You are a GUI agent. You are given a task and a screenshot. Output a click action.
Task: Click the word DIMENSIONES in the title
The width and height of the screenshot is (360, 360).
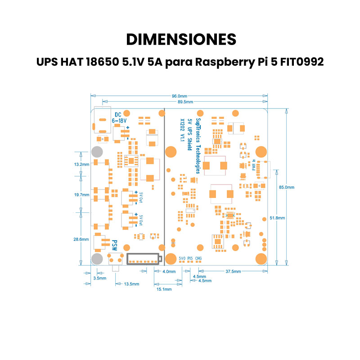coord(181,39)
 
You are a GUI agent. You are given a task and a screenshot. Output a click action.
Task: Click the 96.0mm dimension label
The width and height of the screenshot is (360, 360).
coord(179,96)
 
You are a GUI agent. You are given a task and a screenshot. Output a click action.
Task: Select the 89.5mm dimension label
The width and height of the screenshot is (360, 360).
coord(185,102)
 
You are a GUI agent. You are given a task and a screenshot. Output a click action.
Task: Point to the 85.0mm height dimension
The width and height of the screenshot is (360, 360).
coord(287,187)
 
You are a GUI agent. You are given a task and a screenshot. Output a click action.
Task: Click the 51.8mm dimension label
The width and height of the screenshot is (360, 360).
coord(277,218)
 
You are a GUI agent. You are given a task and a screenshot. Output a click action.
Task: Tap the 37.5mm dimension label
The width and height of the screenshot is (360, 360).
coord(233,271)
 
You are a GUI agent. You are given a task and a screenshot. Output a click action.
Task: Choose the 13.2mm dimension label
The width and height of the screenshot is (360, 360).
coord(82,165)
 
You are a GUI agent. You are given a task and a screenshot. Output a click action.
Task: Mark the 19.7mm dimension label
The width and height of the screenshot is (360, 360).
coord(82,195)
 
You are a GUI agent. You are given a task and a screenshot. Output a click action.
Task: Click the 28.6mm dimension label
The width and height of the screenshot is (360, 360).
coord(81,239)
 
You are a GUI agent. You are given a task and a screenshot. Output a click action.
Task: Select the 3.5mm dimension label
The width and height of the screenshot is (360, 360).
coord(99,279)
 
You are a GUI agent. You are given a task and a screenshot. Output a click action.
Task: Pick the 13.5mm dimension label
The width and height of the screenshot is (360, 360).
coord(131,284)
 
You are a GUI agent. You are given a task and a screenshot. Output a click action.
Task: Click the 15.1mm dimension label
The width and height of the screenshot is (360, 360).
coord(164,289)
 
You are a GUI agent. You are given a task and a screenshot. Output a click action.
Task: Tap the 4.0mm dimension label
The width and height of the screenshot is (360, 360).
coord(169,271)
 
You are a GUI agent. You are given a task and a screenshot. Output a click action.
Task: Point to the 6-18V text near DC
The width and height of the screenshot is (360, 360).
coord(119,121)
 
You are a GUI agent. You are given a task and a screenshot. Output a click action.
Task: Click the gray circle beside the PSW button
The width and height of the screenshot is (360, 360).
coord(97,259)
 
